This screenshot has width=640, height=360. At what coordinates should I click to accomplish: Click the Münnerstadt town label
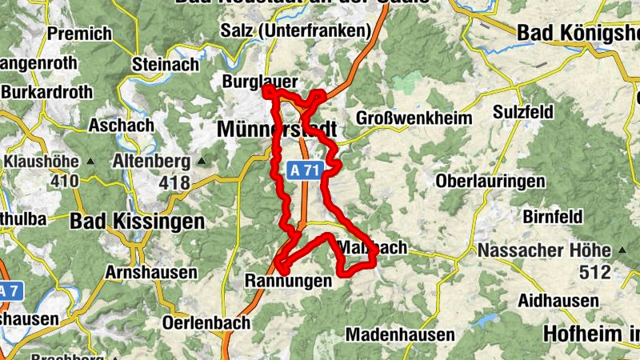tap(276, 130)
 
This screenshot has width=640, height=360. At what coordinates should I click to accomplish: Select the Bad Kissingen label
tap(137, 222)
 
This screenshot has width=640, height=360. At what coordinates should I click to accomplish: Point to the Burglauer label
tap(260, 82)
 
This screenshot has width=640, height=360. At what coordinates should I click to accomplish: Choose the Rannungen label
tap(286, 281)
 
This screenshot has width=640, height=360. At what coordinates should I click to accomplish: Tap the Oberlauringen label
tap(490, 182)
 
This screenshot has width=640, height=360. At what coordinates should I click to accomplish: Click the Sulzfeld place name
tap(524, 111)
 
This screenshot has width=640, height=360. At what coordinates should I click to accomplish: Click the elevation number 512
tap(595, 273)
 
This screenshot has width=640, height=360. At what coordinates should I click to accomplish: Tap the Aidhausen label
tap(558, 301)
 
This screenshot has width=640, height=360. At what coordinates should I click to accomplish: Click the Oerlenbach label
tap(206, 323)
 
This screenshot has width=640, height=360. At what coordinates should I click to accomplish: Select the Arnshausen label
tap(151, 272)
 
